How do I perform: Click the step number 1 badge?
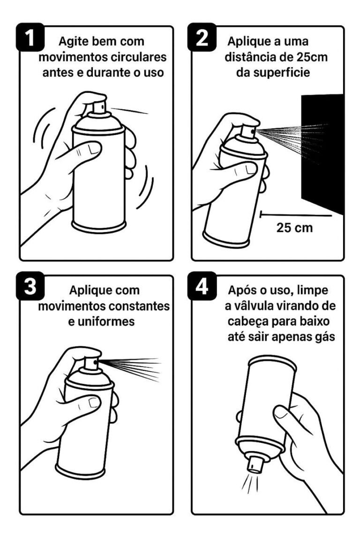30,37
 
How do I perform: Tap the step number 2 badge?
202,37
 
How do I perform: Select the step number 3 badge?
30,285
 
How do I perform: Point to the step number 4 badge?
202,285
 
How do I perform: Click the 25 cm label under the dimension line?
294,228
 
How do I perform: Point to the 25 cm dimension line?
296,216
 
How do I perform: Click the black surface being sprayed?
322,153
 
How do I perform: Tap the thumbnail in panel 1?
93,149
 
